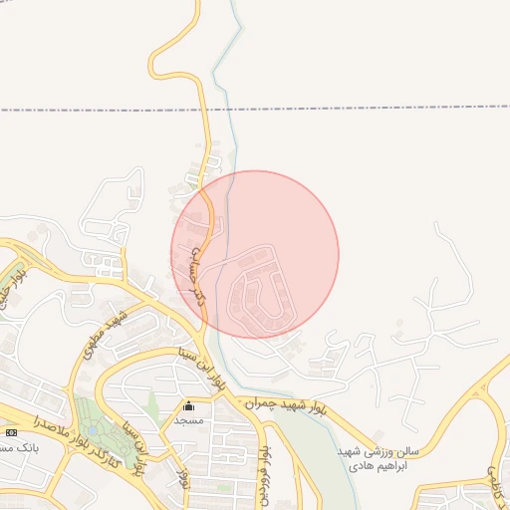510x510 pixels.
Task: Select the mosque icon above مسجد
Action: pyautogui.click(x=189, y=405)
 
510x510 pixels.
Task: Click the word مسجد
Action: pyautogui.click(x=189, y=420)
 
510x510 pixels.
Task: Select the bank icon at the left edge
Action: pyautogui.click(x=11, y=432)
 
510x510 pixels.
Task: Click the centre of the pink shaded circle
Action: pyautogui.click(x=255, y=255)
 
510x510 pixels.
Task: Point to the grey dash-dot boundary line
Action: pyautogui.click(x=379, y=108)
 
